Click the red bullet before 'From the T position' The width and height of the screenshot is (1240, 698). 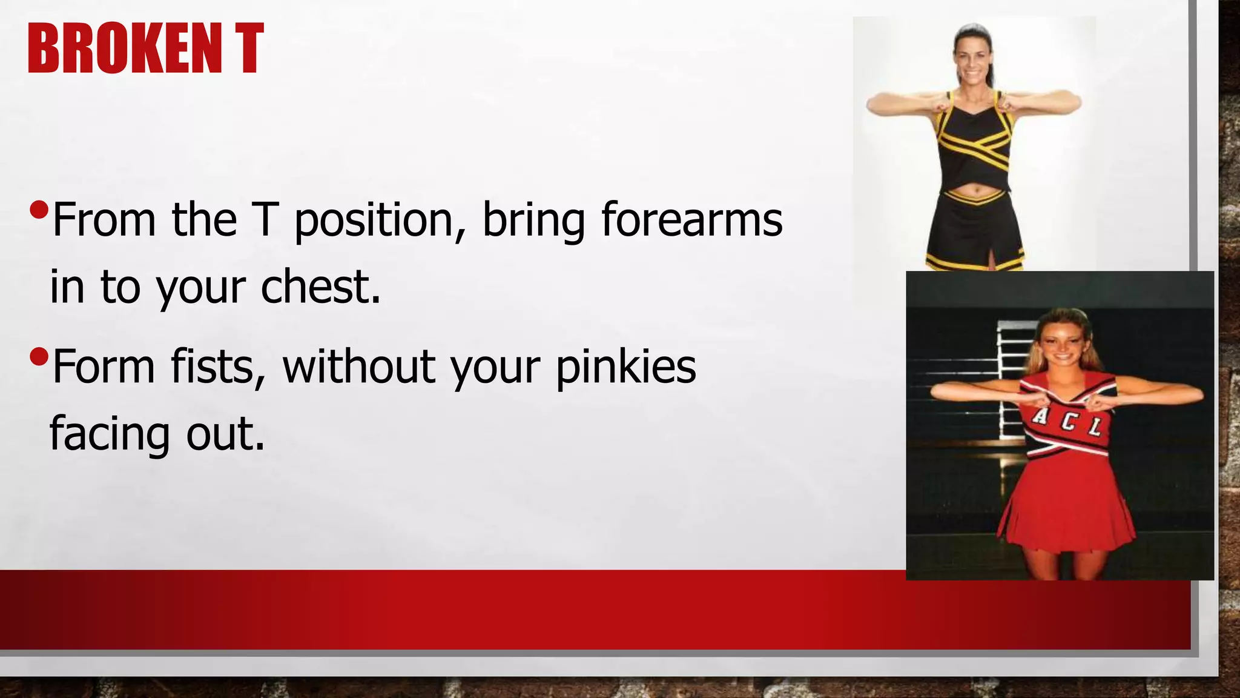(38, 210)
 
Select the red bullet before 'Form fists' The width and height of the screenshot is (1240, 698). (38, 357)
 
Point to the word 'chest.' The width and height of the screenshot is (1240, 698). (321, 287)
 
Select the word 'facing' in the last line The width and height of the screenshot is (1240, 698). (110, 434)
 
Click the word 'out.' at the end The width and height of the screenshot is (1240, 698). (225, 434)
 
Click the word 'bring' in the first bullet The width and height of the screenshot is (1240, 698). (533, 221)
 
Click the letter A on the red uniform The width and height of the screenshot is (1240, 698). (1041, 416)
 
